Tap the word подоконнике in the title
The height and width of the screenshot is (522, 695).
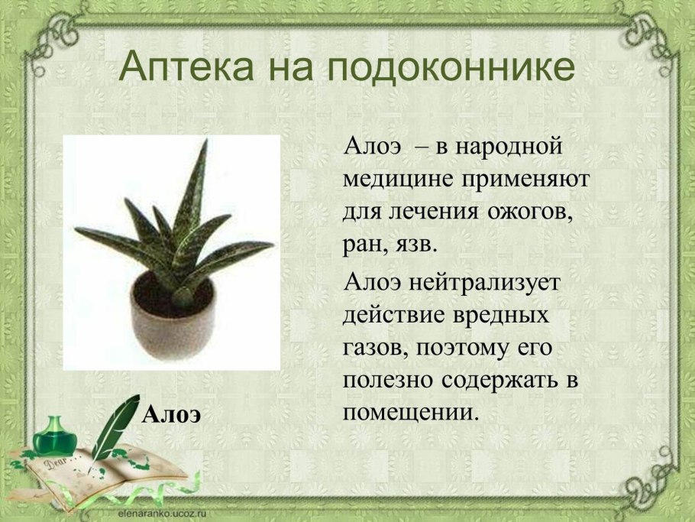[x=451, y=67]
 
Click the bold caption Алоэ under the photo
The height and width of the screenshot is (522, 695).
[x=172, y=415]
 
